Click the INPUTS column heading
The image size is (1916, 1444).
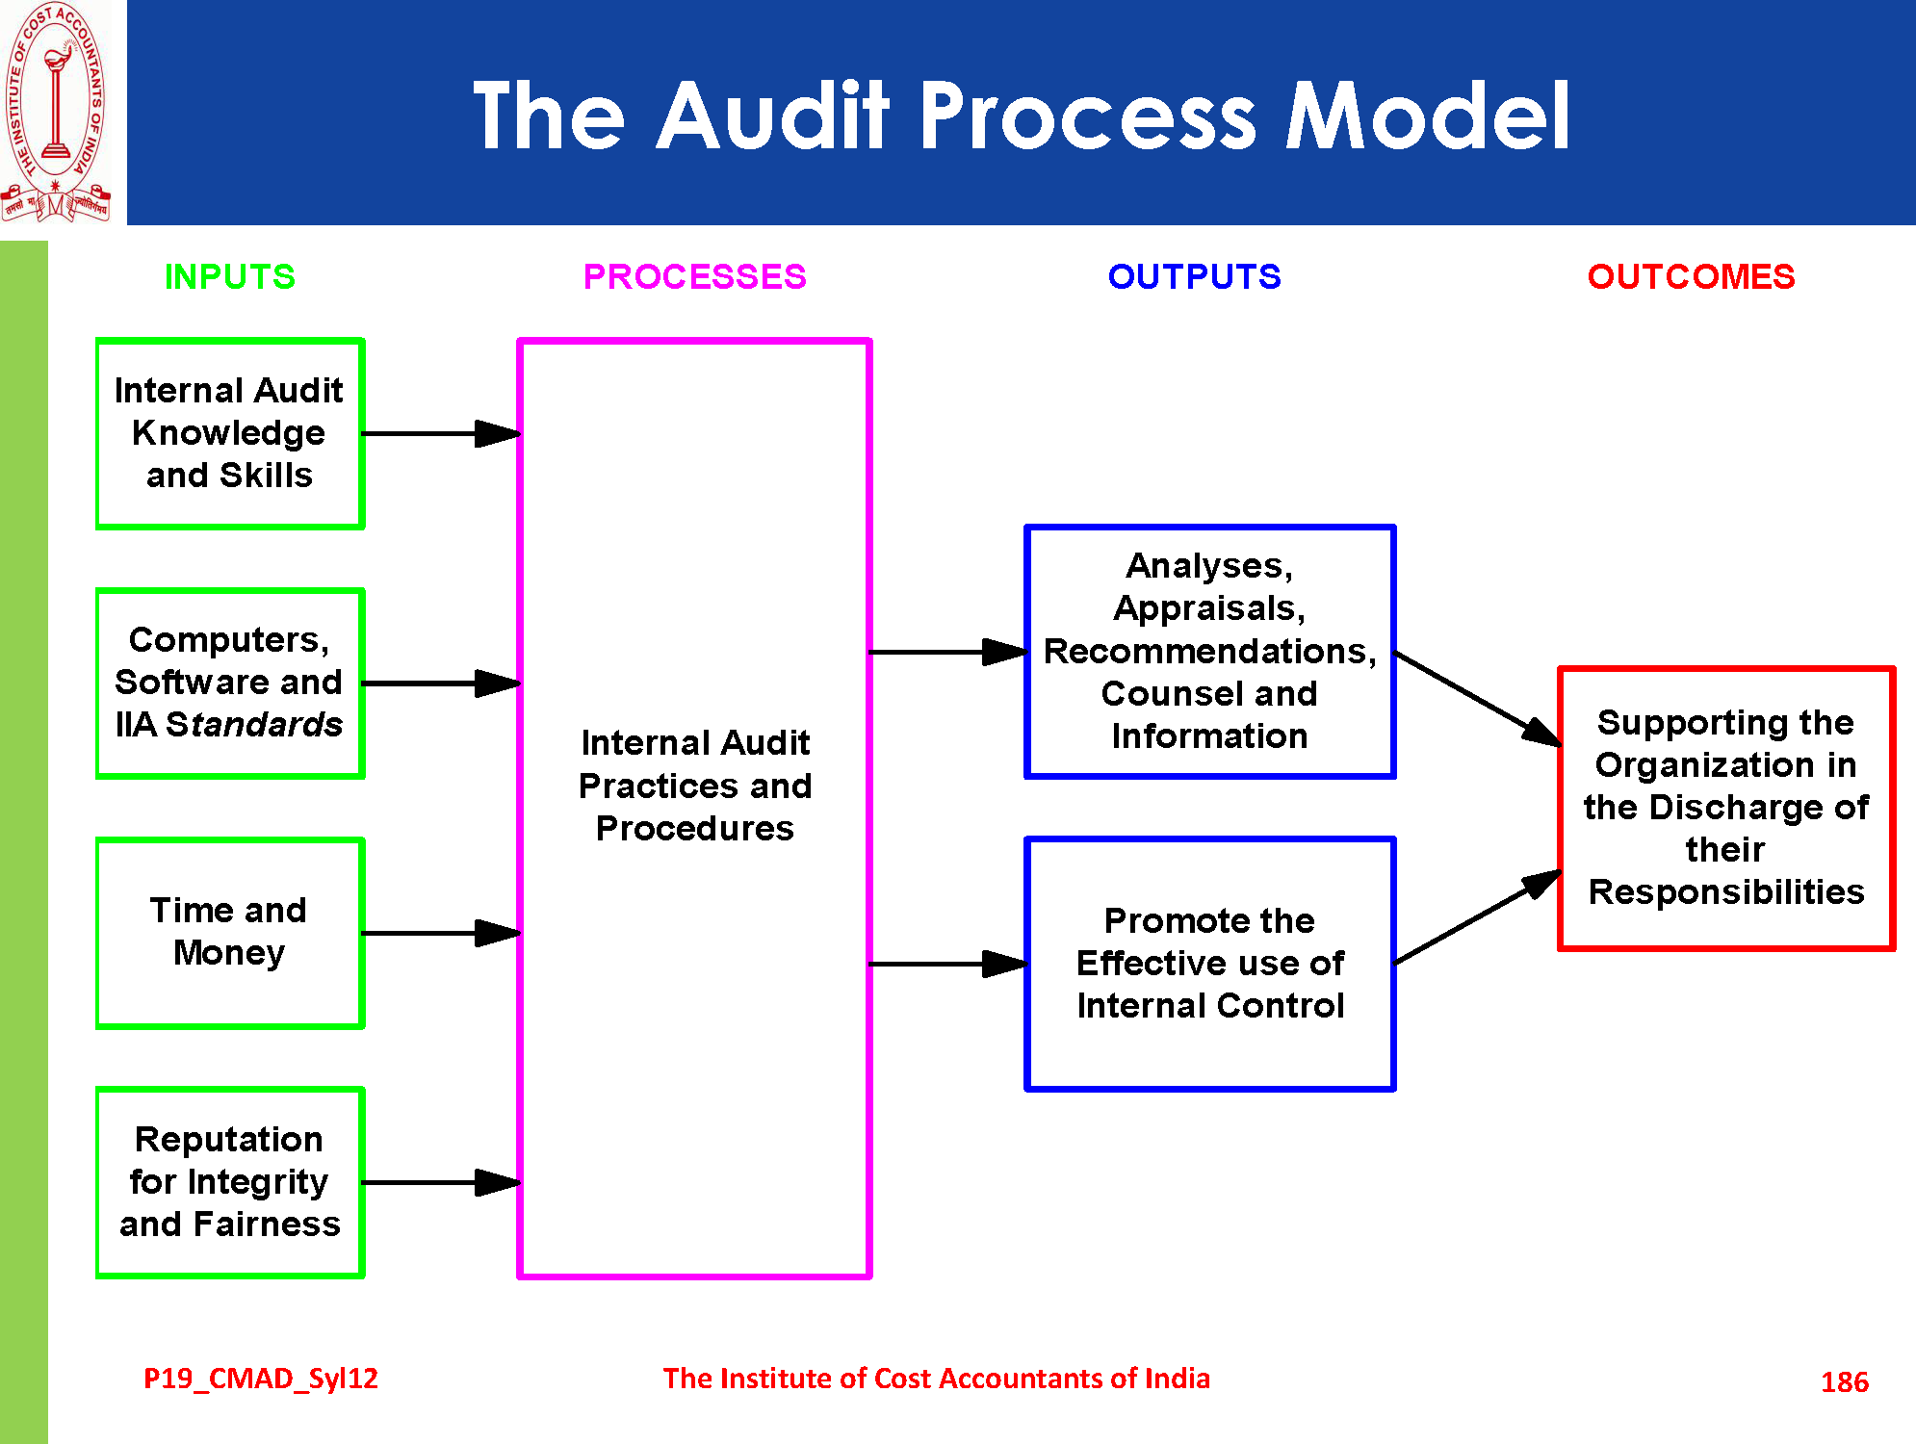229,277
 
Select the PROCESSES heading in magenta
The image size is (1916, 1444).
694,277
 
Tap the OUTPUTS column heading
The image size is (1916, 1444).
1194,277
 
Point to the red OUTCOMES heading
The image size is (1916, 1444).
1691,277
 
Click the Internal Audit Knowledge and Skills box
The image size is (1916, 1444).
230,433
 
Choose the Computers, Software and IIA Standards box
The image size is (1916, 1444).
230,683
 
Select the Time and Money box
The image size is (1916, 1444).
230,932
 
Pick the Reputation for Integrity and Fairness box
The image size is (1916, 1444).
230,1182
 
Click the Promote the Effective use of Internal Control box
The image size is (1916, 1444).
1209,963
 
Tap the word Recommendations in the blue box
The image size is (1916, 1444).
1209,652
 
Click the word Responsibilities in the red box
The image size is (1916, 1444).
1726,892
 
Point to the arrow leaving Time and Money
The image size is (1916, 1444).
440,933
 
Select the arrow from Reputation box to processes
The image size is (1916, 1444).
440,1182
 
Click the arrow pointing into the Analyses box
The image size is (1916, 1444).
947,652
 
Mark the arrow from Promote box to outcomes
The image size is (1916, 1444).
1476,917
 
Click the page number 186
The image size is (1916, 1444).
1844,1382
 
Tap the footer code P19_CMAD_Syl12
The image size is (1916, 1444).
260,1379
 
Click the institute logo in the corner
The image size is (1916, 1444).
56,112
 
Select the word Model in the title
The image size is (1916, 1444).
1428,117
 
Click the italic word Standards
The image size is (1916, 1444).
253,725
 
